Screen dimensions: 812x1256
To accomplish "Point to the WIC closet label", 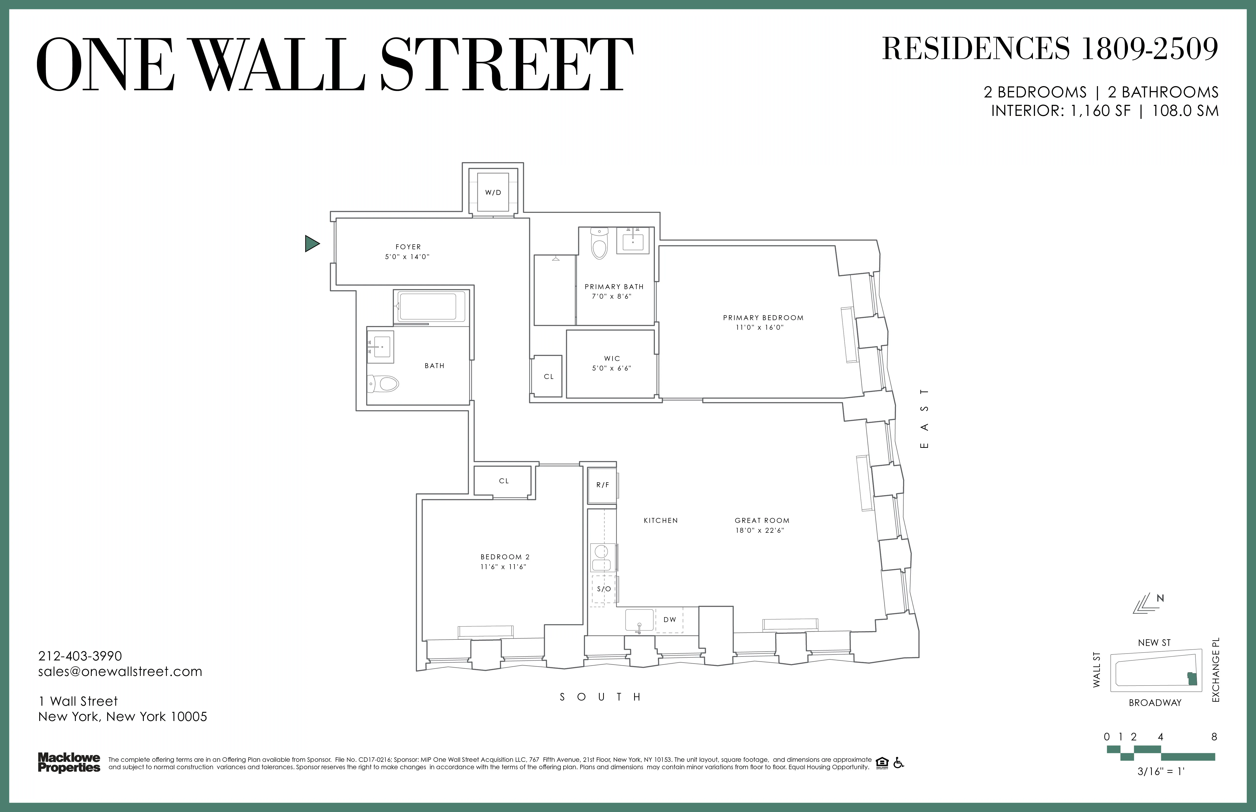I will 612,359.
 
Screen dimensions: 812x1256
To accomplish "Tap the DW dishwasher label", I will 670,620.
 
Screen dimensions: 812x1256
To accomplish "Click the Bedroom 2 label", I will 505,557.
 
